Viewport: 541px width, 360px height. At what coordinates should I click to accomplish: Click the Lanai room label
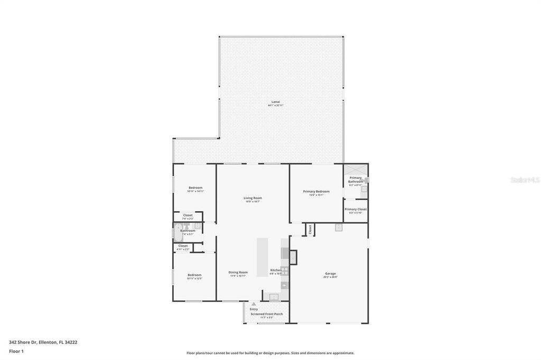[275, 101]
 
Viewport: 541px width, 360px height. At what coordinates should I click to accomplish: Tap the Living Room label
[253, 198]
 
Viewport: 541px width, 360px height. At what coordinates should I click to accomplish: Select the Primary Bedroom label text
[316, 191]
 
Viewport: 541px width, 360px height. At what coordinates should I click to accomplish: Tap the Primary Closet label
[356, 209]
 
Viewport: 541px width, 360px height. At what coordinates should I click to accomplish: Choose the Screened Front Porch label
[266, 314]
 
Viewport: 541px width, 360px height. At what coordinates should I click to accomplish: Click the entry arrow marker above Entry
[254, 304]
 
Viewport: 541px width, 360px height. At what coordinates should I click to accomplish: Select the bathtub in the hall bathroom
[178, 232]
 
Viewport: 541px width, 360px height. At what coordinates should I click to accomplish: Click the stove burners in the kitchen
[285, 271]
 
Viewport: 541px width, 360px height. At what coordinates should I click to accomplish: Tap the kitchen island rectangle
[263, 257]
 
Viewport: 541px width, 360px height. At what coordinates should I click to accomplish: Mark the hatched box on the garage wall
[293, 257]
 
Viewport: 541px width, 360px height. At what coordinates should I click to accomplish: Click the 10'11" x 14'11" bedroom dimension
[195, 191]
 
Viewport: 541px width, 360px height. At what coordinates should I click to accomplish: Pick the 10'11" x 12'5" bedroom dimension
[194, 278]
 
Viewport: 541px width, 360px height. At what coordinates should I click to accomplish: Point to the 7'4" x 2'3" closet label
[188, 219]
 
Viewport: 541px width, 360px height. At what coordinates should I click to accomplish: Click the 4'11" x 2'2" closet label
[183, 249]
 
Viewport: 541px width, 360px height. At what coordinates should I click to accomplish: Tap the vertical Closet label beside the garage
[310, 229]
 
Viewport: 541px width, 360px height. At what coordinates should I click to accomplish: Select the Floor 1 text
[16, 351]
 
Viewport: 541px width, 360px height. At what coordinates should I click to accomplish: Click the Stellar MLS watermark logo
[525, 180]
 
